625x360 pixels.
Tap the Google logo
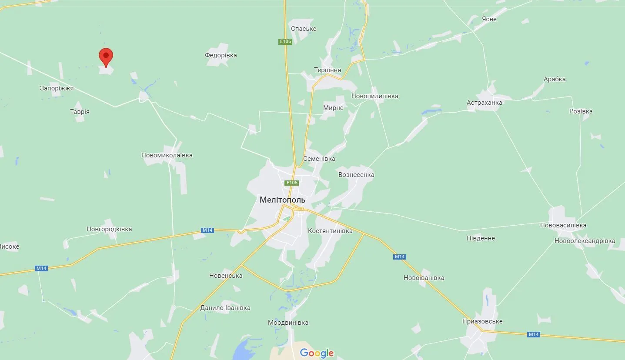click(317, 353)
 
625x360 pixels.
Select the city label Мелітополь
click(282, 200)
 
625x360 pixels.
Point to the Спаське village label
click(304, 29)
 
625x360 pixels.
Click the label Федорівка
click(221, 55)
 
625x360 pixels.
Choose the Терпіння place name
click(328, 70)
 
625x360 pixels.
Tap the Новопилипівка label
click(375, 96)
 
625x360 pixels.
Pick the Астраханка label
click(484, 103)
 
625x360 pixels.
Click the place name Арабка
click(555, 79)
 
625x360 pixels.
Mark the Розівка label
click(581, 111)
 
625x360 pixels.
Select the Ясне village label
click(489, 19)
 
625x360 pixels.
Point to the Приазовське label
click(482, 321)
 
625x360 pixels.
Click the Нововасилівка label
click(563, 225)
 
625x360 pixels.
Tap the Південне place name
click(481, 238)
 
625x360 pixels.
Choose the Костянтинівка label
click(330, 231)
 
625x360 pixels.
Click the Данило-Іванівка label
click(225, 308)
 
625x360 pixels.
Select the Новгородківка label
click(109, 229)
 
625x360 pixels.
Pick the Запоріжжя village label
click(57, 88)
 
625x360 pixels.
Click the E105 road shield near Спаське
click(285, 41)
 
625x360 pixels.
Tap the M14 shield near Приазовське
click(533, 334)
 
